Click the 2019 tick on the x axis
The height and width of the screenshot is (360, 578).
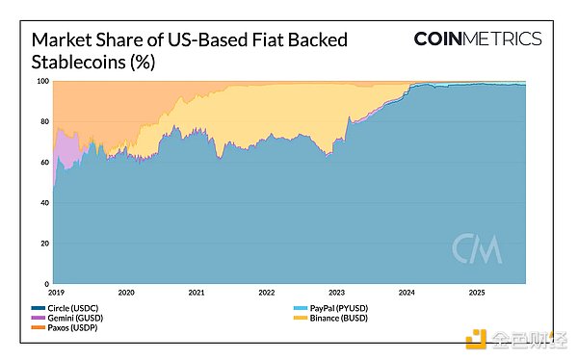pos(56,291)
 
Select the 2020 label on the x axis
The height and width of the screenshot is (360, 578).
pos(126,291)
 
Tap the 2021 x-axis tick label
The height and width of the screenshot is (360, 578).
pos(197,291)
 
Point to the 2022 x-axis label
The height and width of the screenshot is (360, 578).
pos(267,291)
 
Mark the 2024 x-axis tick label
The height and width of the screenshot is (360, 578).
pos(407,291)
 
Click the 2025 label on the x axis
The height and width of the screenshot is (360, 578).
pos(477,291)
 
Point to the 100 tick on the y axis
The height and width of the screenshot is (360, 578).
pos(42,81)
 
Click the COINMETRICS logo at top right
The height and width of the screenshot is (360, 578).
pos(478,39)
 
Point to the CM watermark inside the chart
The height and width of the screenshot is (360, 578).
pos(477,248)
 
